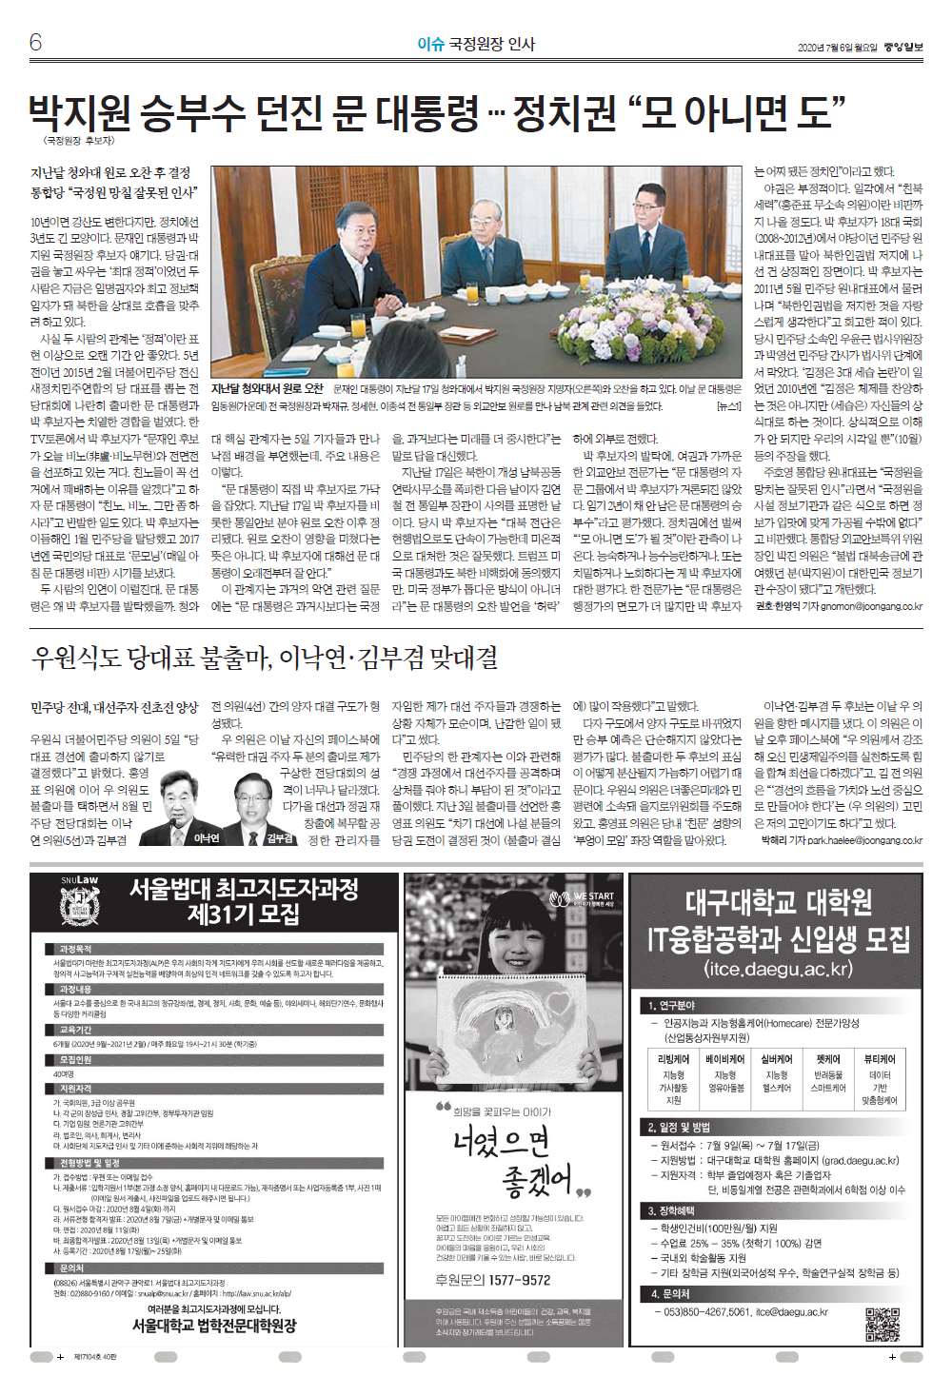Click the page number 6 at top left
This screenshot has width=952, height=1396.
(36, 42)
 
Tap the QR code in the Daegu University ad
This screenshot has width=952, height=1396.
(882, 1325)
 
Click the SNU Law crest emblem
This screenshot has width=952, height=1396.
(79, 910)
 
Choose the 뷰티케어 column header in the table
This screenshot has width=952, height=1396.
(879, 1059)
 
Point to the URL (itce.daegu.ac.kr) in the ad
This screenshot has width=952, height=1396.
(778, 969)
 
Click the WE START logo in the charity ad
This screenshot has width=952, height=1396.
(583, 897)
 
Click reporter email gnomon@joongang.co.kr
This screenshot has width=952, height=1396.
(871, 606)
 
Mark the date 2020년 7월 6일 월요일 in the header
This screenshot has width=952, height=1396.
(838, 48)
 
